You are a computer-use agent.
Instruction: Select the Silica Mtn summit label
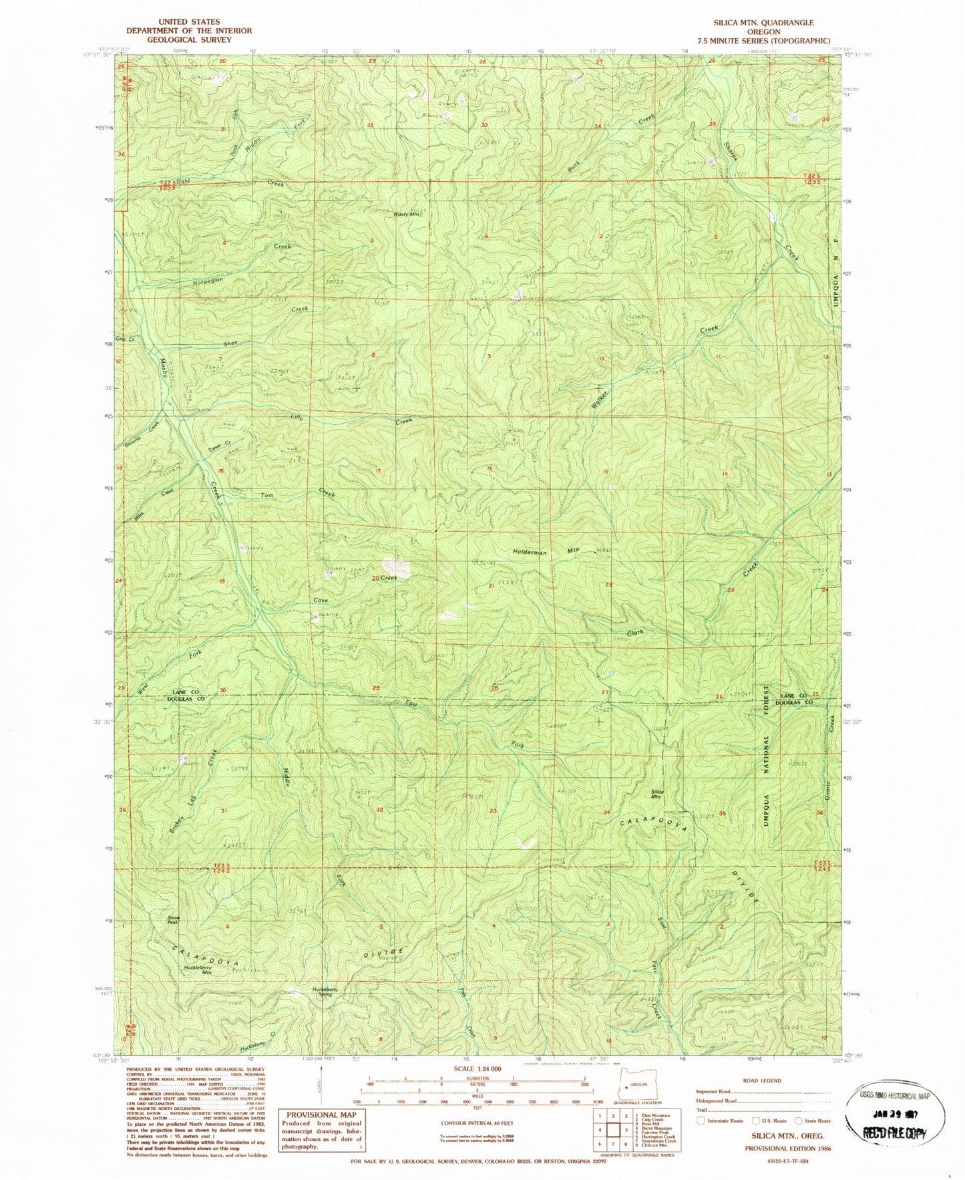656,794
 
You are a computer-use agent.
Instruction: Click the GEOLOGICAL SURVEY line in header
189,39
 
